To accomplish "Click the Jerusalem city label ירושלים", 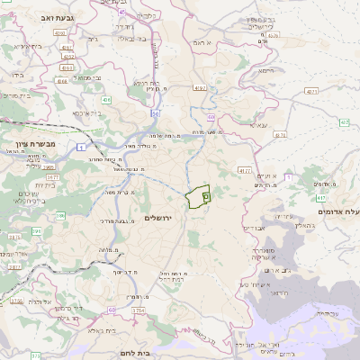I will (x=156, y=219).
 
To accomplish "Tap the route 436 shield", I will (x=105, y=100).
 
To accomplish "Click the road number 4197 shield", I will (x=199, y=88).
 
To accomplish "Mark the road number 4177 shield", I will (x=244, y=169).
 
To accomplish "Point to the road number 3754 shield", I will (x=139, y=310).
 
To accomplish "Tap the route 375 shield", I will (x=14, y=266).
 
